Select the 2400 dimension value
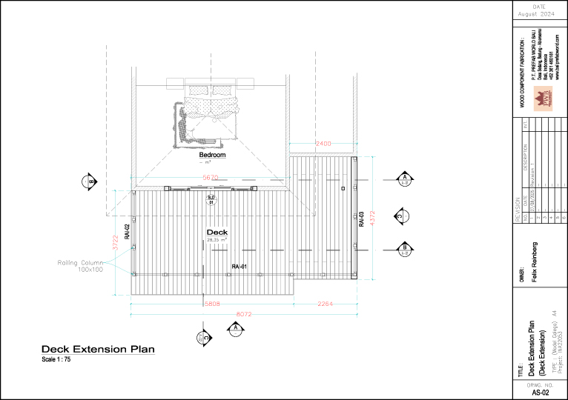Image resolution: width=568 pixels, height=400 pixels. (323, 142)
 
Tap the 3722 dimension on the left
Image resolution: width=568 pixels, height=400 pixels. (116, 243)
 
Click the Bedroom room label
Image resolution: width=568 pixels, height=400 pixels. (212, 156)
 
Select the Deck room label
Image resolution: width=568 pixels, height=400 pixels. (217, 233)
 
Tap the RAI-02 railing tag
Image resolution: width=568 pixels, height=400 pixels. (127, 232)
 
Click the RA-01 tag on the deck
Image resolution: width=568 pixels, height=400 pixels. (239, 266)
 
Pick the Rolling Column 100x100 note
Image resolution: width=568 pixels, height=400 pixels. (81, 266)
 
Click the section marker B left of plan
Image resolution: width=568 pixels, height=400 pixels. (90, 181)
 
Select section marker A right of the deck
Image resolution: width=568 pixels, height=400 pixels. (405, 181)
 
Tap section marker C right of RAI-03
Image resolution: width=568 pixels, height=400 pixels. (401, 216)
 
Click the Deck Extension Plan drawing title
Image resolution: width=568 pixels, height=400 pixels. (98, 349)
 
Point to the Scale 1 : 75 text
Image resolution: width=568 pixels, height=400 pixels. (56, 359)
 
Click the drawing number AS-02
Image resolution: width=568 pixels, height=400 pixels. (540, 393)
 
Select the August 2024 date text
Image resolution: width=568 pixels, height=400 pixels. (540, 13)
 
